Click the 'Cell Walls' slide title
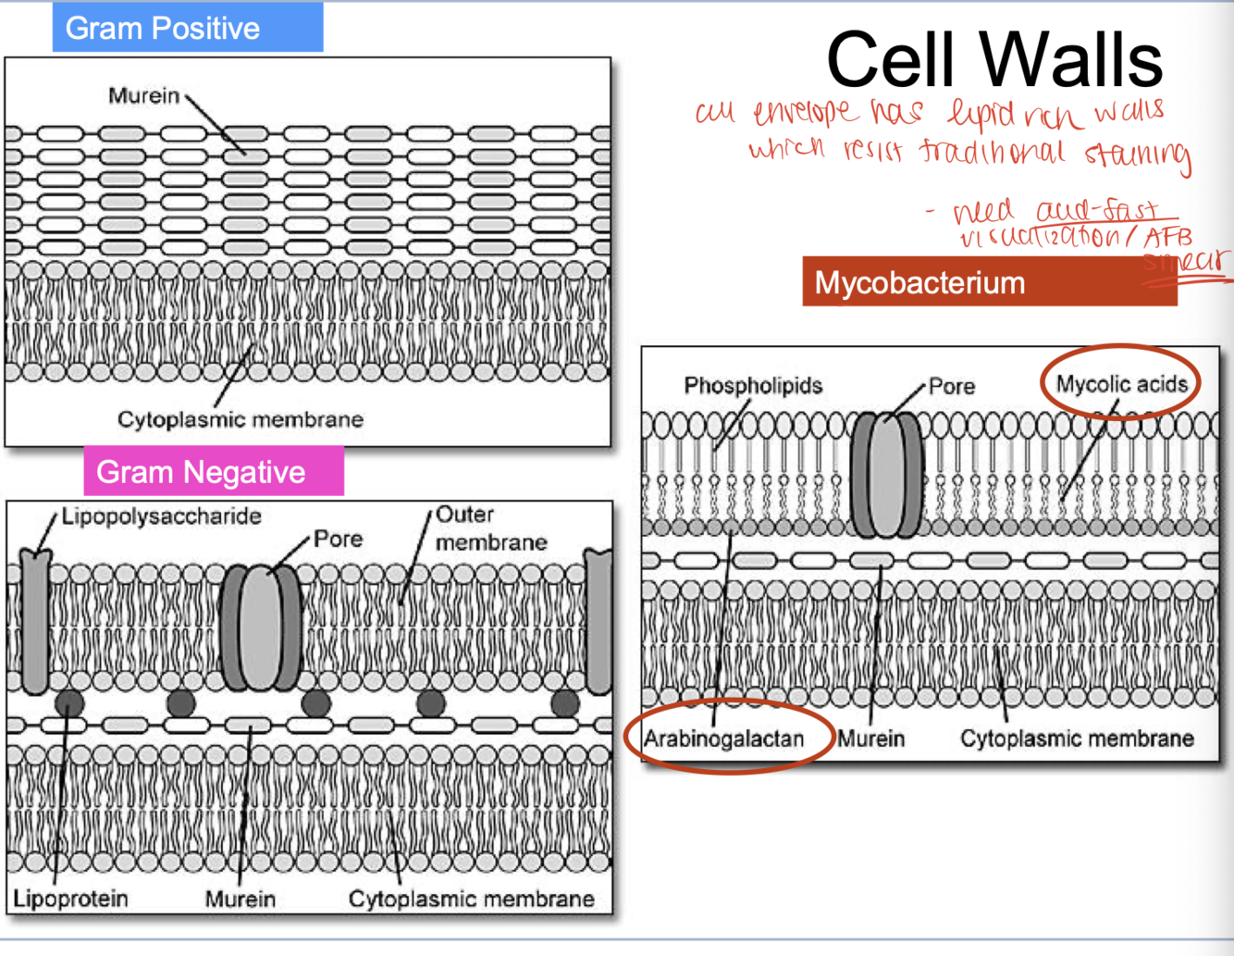coord(994,59)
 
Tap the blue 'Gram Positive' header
coord(163,29)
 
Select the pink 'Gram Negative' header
coord(201,472)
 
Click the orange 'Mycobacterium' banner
coord(919,282)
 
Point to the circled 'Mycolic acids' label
coord(1121,384)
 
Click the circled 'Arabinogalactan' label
coord(724,739)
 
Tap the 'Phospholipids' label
coord(753,385)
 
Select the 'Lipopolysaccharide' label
coord(162,516)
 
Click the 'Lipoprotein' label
coord(70,898)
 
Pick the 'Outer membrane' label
coord(490,528)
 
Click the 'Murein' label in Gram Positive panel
coord(143,95)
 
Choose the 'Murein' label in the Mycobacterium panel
coord(871,739)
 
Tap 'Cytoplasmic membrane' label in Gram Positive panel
coord(241,419)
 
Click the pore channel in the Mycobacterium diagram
coord(885,476)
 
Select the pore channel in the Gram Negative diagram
coord(261,629)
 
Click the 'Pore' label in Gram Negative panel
coord(338,539)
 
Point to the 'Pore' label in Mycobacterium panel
coord(952,386)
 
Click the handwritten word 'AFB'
coord(1167,238)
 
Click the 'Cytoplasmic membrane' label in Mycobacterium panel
coord(1077,739)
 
